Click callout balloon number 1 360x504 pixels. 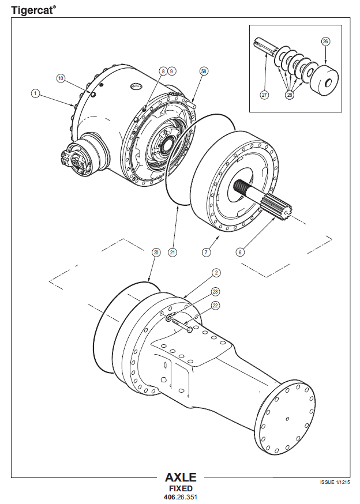(35, 93)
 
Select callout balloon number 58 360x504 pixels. (203, 70)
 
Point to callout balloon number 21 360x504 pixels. (172, 252)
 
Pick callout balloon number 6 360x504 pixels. (242, 252)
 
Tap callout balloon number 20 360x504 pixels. (155, 252)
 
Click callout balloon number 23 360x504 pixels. (216, 292)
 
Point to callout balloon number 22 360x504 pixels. (216, 305)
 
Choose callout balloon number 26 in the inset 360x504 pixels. (325, 42)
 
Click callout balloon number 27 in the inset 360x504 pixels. (265, 95)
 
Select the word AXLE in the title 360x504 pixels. (181, 477)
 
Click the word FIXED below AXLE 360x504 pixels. (181, 488)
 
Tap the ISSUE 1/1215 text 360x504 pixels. (335, 482)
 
